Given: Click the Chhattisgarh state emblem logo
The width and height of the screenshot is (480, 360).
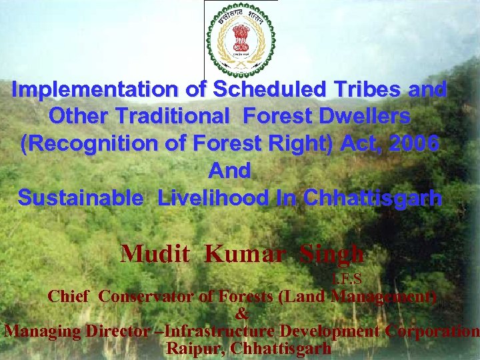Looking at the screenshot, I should coord(241,39).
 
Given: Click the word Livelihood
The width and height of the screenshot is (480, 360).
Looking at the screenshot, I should coord(229,198).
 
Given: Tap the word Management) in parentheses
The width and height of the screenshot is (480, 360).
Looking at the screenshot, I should coord(385,297).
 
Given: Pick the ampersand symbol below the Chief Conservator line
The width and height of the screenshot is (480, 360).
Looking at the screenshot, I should coord(242,314).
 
